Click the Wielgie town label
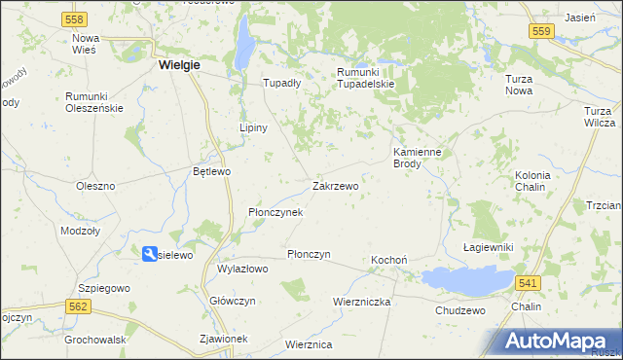[179, 65]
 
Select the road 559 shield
[543, 32]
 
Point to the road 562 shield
[80, 306]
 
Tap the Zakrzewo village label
[336, 186]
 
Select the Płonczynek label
[275, 212]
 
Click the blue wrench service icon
[150, 254]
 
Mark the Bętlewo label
[211, 172]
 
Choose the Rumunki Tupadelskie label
[365, 79]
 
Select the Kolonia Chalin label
[532, 181]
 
